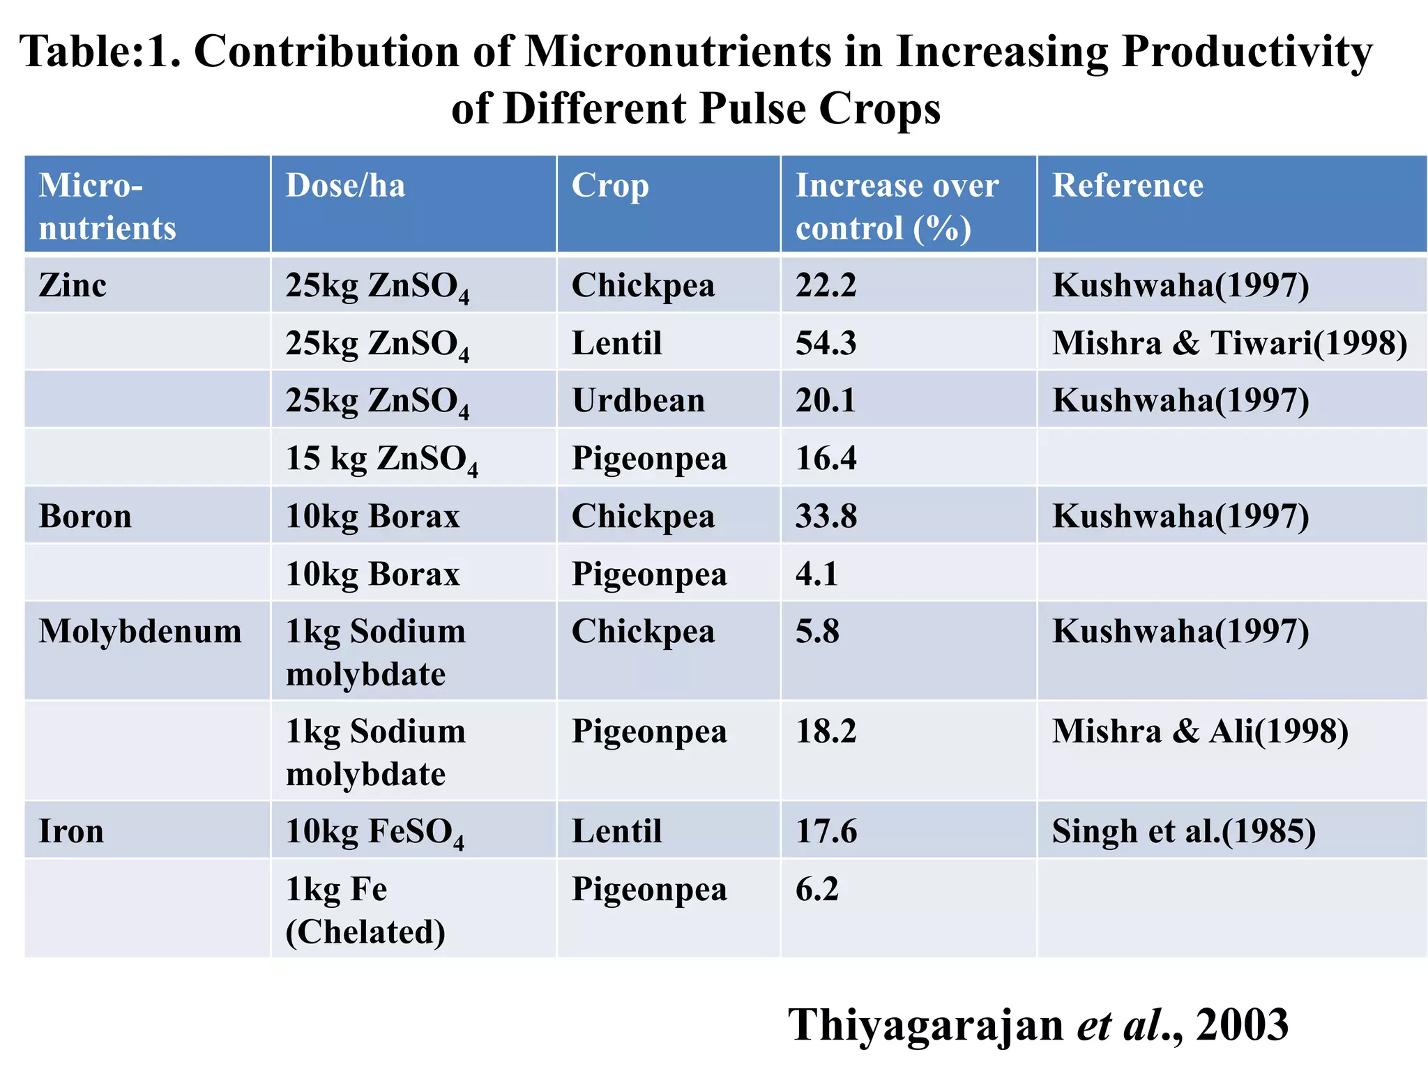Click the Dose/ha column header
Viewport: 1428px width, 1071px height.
345,186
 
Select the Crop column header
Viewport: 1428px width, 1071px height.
610,186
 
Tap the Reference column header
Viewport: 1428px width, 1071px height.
1127,186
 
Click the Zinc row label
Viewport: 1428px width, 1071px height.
73,285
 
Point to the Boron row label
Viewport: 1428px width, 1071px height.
85,517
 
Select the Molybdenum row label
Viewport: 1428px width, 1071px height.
140,632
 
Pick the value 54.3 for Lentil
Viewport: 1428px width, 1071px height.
826,343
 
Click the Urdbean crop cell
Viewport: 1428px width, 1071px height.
638,401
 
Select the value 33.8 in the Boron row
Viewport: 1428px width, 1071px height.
826,517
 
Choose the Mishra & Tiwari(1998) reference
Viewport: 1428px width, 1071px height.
1229,343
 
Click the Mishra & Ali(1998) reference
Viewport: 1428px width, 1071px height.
1199,731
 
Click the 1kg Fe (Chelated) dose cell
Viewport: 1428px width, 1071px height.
365,911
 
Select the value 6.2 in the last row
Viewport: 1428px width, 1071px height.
816,890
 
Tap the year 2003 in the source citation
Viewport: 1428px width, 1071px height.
1242,1025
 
